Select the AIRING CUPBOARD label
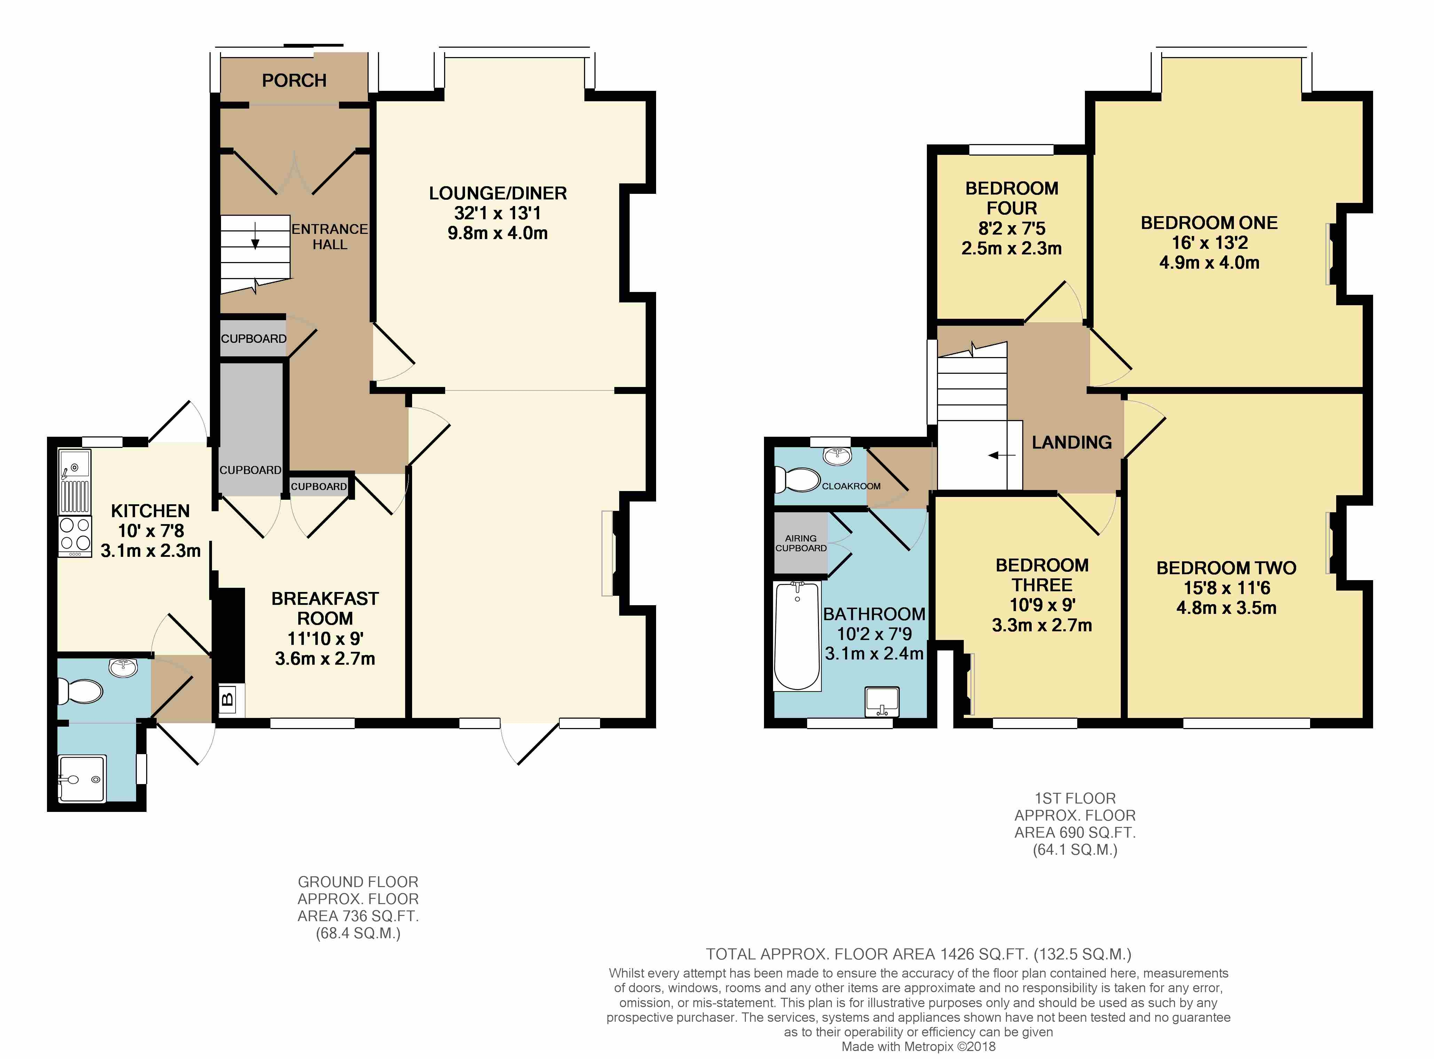801,543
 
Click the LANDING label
1071,442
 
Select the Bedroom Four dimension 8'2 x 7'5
1011,228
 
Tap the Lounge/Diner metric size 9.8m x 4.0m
497,233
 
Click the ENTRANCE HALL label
330,237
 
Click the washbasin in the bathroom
882,701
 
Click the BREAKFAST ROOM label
325,608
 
